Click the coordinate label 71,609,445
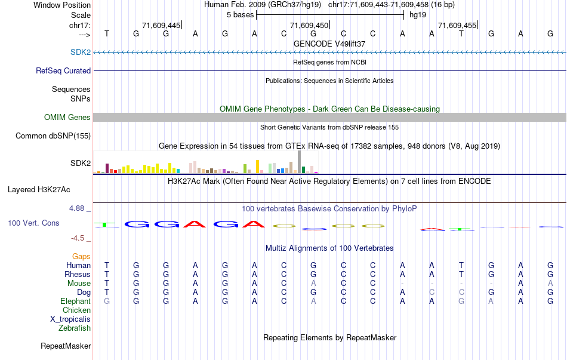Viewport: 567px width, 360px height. pyautogui.click(x=161, y=25)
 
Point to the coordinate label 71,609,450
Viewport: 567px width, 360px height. pyautogui.click(x=309, y=25)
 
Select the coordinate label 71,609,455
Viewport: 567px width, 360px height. pyautogui.click(x=457, y=25)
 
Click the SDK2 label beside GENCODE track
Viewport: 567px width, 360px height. pyautogui.click(x=81, y=53)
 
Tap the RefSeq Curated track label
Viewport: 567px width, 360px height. pyautogui.click(x=63, y=70)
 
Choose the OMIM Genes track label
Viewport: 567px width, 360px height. pyautogui.click(x=67, y=117)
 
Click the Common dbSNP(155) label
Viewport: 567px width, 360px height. pyautogui.click(x=53, y=136)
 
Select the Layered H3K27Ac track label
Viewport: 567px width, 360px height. pyautogui.click(x=39, y=190)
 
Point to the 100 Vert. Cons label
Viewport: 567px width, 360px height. pyautogui.click(x=33, y=223)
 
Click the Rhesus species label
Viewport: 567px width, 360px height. pyautogui.click(x=78, y=274)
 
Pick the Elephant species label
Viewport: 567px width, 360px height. pyautogui.click(x=76, y=301)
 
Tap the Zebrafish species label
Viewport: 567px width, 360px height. pyautogui.click(x=75, y=328)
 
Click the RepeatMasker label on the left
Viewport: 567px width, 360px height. pyautogui.click(x=66, y=346)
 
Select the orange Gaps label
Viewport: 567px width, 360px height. pyautogui.click(x=81, y=256)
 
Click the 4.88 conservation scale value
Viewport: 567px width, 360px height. pyautogui.click(x=78, y=208)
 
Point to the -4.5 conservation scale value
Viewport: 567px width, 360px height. pyautogui.click(x=79, y=238)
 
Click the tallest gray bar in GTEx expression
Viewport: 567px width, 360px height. pyautogui.click(x=298, y=161)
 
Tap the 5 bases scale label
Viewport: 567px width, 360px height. pyautogui.click(x=240, y=14)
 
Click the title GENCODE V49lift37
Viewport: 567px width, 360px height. pyautogui.click(x=329, y=44)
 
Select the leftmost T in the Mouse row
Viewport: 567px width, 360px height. pyautogui.click(x=107, y=283)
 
